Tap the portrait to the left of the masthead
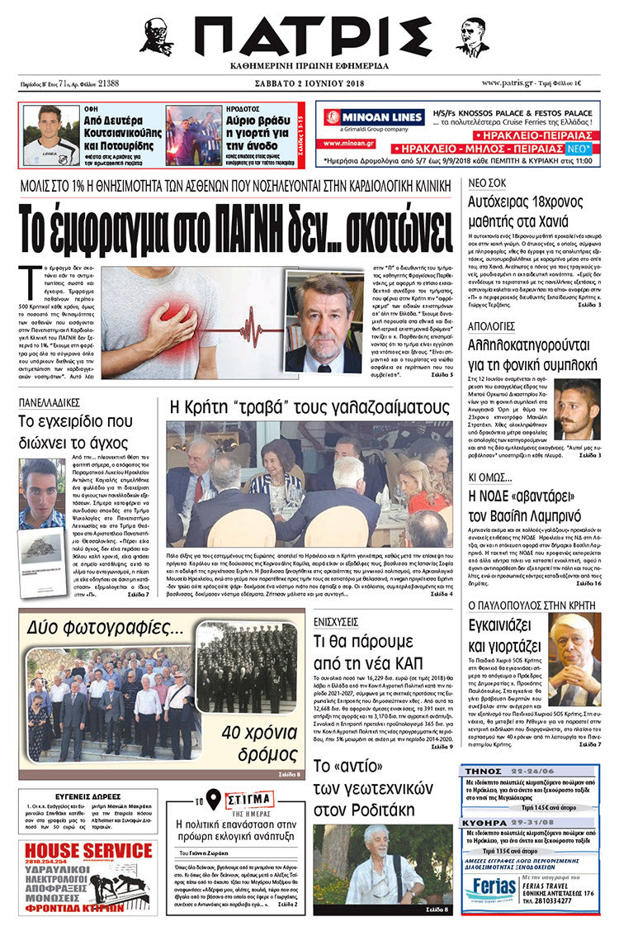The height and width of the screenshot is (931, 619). (x=157, y=36)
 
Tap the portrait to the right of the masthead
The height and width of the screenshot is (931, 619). (x=472, y=36)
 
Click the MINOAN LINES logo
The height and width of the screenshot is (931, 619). (x=362, y=117)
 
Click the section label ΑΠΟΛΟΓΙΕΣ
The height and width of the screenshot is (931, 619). (x=494, y=326)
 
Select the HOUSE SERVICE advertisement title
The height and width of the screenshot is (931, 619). (x=87, y=849)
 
